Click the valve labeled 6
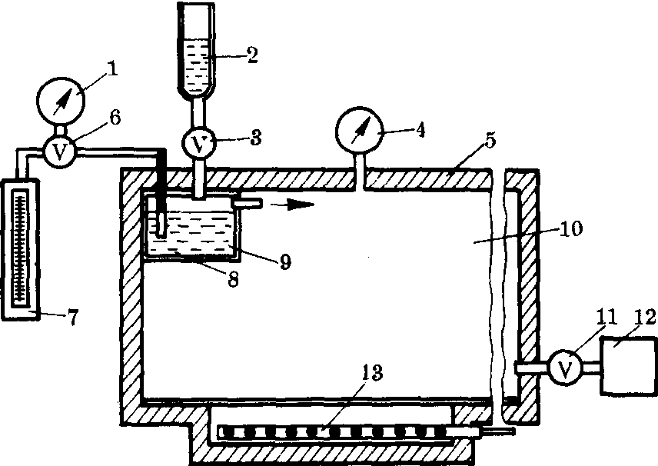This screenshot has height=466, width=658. click(x=58, y=151)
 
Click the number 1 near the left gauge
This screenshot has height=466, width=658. click(x=114, y=69)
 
